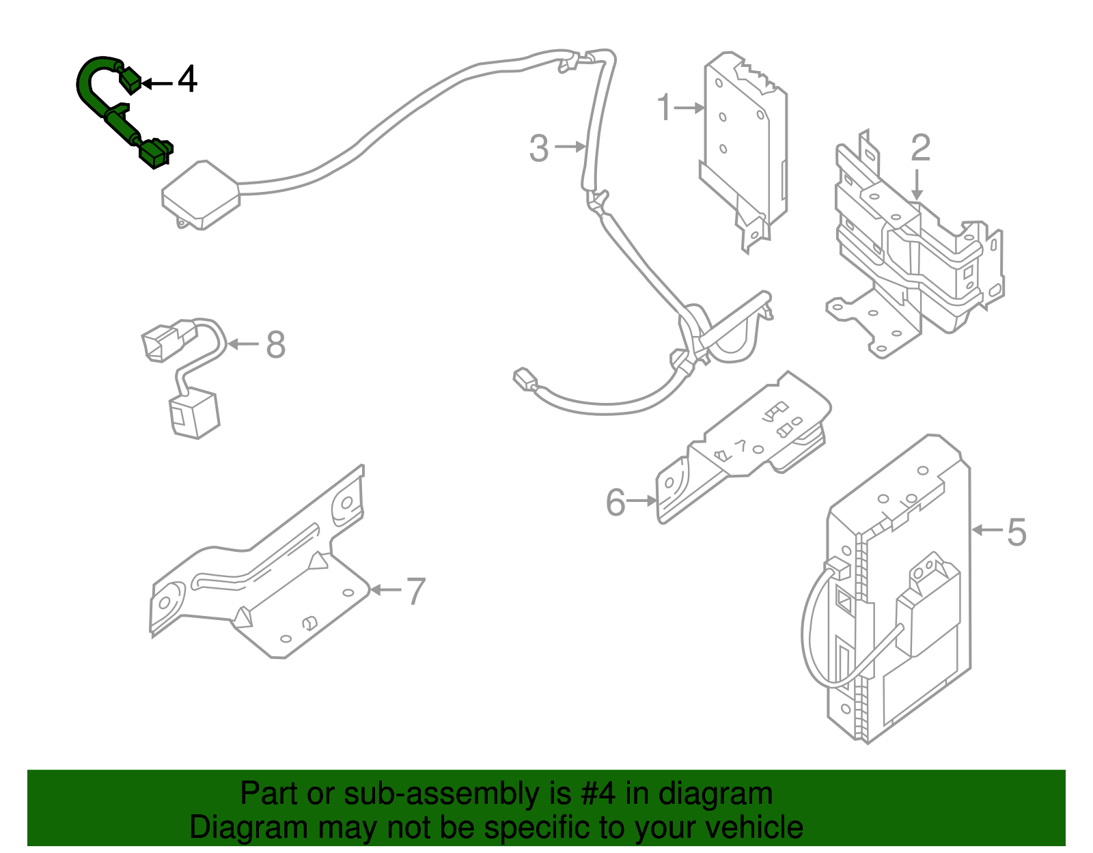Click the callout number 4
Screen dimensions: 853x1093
coord(187,80)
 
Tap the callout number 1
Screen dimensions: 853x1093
coord(664,108)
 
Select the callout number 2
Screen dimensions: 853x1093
coord(920,148)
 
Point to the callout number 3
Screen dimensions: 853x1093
coord(539,148)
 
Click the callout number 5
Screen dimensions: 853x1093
coord(1016,532)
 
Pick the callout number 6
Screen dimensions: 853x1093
coord(615,503)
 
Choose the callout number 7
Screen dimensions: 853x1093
coord(416,591)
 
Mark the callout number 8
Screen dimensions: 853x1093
coord(275,345)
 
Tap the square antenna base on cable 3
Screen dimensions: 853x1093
coord(200,194)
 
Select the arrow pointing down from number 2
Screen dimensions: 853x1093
coord(917,184)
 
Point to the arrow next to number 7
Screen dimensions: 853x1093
coord(386,589)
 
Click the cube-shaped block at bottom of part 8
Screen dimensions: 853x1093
coord(194,413)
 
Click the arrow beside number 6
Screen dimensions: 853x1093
coord(642,501)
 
